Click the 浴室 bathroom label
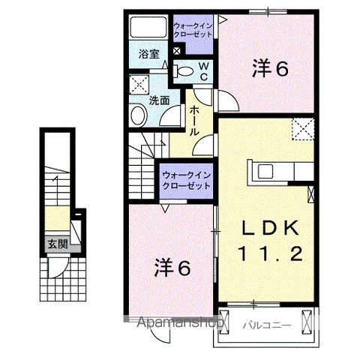click(x=148, y=54)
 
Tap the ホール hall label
click(x=193, y=120)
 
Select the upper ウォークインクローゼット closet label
click(x=193, y=31)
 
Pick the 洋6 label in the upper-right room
click(x=270, y=69)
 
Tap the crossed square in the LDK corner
click(x=303, y=129)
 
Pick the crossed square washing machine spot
click(x=139, y=83)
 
